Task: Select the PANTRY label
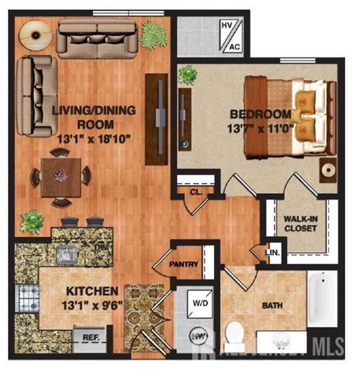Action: (184, 264)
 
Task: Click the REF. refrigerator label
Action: (90, 337)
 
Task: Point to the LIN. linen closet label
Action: (273, 252)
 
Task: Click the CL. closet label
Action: (195, 193)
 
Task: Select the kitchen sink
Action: (69, 253)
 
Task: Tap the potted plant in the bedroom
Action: (188, 74)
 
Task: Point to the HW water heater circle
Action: (198, 336)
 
